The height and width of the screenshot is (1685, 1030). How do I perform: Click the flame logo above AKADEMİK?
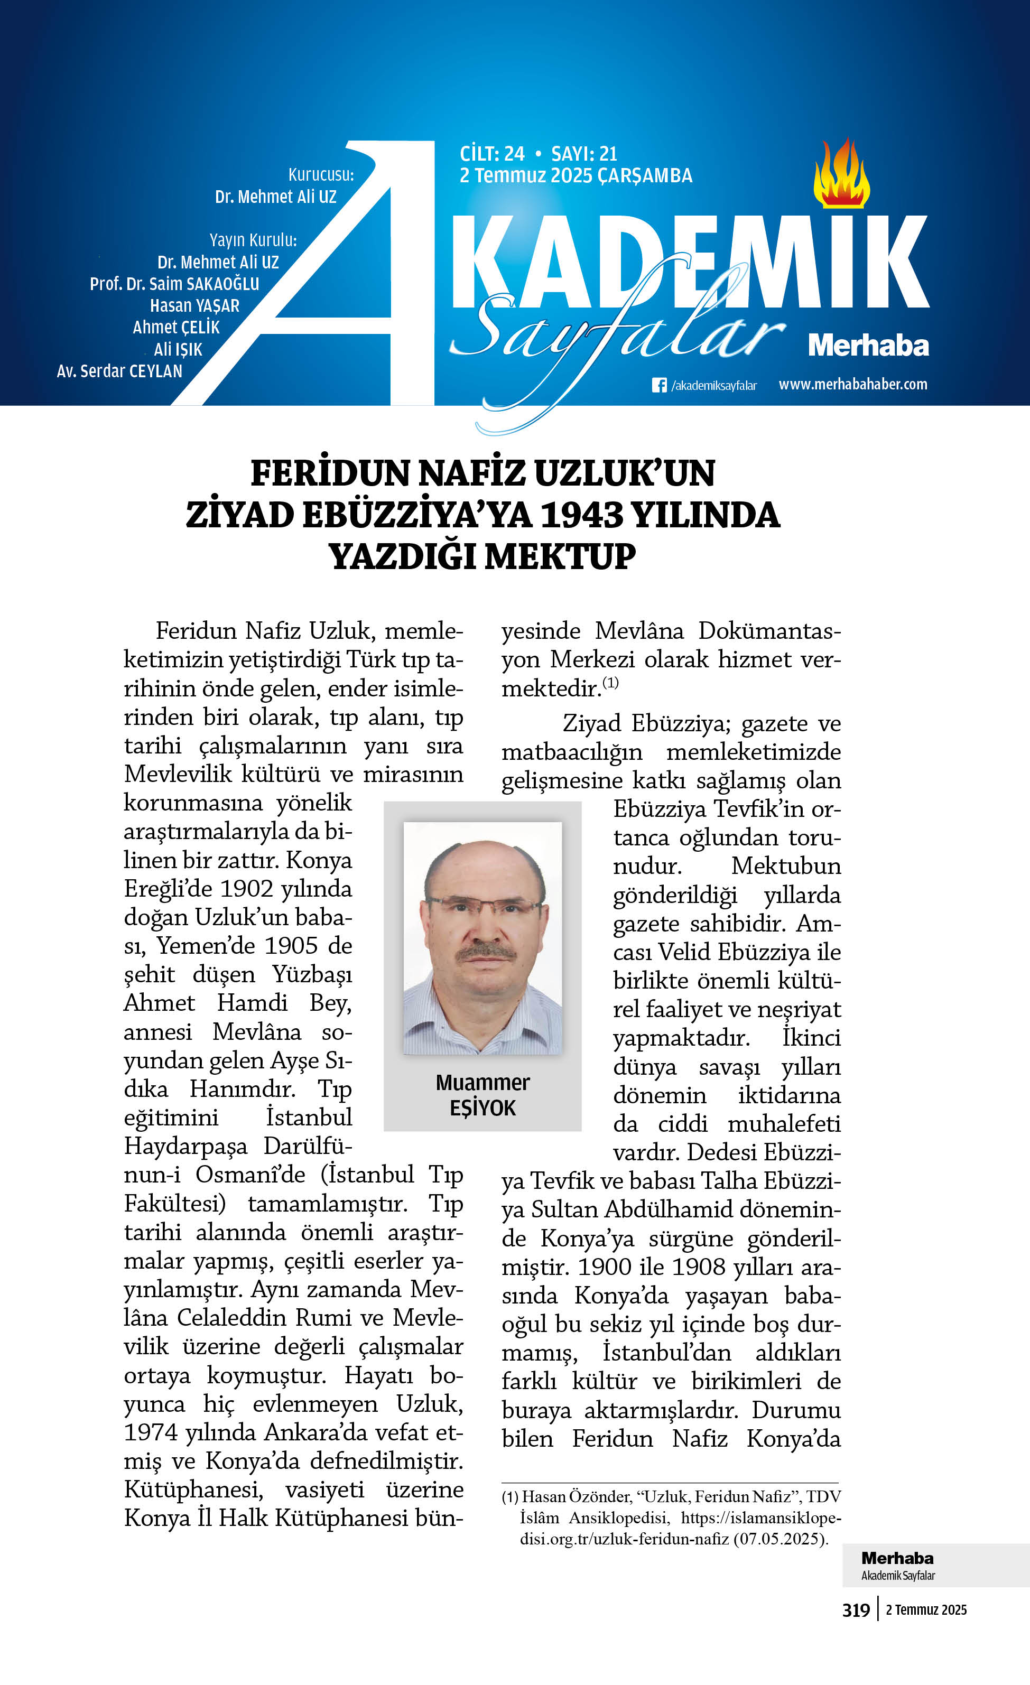click(x=841, y=175)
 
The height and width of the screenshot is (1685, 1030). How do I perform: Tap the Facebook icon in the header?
click(x=658, y=385)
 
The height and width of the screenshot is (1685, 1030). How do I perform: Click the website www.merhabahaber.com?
click(x=853, y=384)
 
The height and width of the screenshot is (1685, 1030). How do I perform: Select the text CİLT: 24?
click(x=491, y=153)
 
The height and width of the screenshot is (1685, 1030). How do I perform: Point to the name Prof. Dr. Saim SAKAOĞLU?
click(x=174, y=284)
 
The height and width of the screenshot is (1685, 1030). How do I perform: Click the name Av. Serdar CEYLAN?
click(x=119, y=371)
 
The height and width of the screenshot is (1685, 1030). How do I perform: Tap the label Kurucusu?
click(x=321, y=174)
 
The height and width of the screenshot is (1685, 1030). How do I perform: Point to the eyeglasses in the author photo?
click(x=484, y=907)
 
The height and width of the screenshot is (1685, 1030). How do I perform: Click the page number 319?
click(x=856, y=1610)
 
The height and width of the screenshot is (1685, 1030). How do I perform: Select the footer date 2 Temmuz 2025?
click(x=926, y=1610)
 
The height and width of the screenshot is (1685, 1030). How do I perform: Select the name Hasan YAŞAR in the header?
click(x=195, y=306)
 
